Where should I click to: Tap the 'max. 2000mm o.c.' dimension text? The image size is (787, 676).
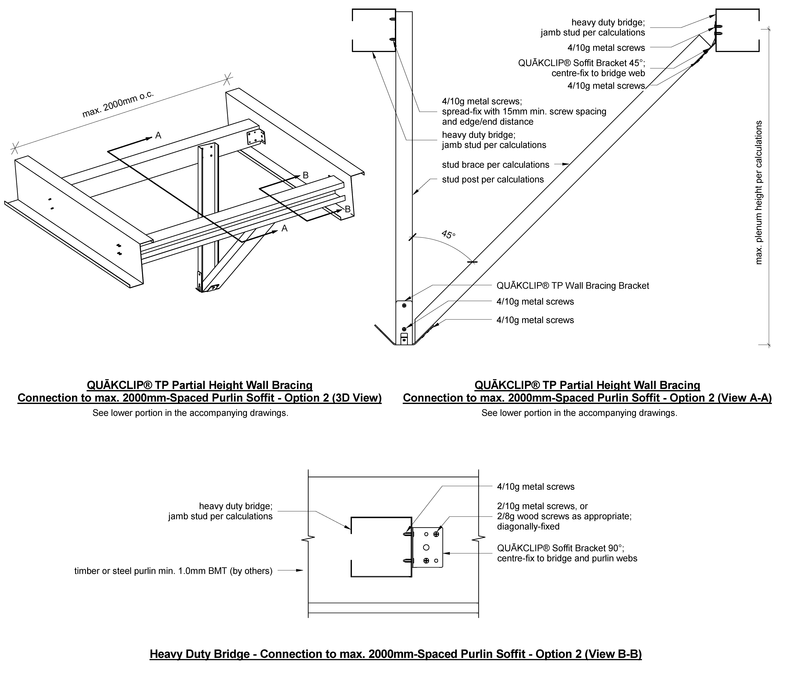(x=118, y=103)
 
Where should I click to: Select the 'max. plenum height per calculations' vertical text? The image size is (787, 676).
(x=759, y=192)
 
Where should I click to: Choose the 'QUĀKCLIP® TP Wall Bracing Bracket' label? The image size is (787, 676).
(x=573, y=286)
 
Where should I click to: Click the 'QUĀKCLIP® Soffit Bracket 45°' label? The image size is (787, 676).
(x=581, y=63)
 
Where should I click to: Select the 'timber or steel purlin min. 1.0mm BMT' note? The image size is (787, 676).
(x=173, y=571)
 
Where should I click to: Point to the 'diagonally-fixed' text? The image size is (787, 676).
(x=528, y=527)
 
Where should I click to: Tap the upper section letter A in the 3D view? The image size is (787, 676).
(x=158, y=136)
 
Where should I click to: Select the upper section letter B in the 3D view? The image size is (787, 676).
(x=305, y=176)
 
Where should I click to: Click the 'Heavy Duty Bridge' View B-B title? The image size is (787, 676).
(x=395, y=654)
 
